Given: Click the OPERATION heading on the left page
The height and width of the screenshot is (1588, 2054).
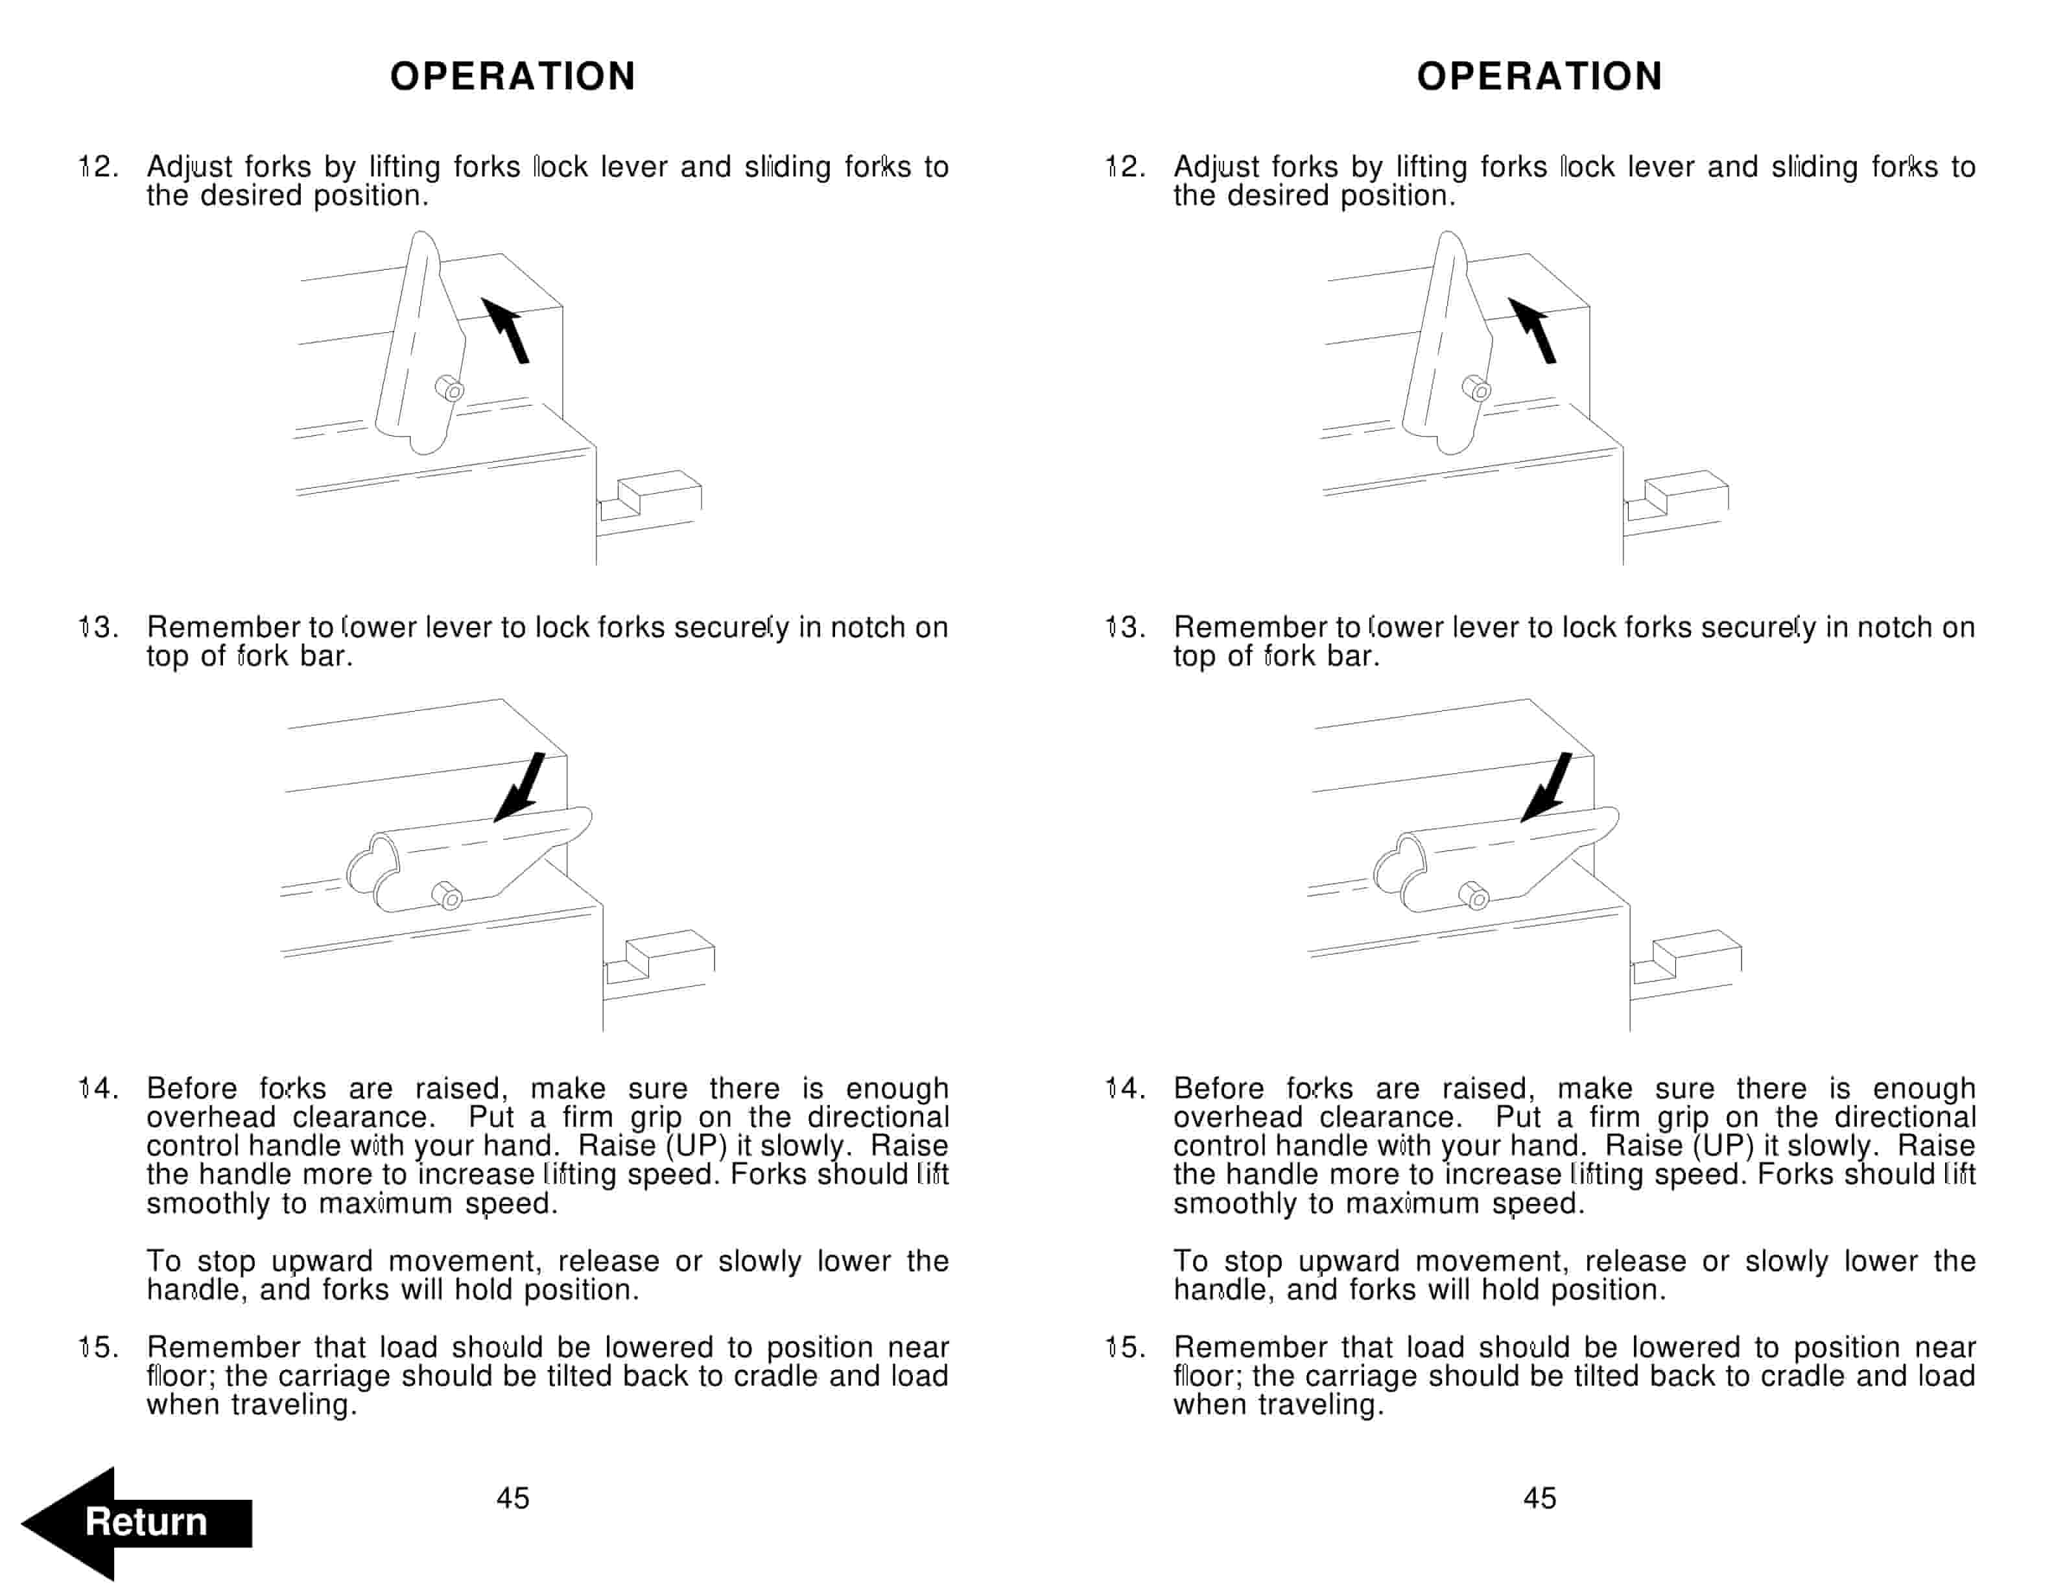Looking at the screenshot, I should pos(513,76).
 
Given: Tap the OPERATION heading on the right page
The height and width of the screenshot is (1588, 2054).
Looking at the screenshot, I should pos(1540,76).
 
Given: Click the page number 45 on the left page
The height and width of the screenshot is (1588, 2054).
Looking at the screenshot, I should pos(513,1498).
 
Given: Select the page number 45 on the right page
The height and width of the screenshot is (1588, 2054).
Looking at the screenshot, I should pos(1540,1498).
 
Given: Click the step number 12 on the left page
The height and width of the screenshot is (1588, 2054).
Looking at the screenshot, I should pos(98,167).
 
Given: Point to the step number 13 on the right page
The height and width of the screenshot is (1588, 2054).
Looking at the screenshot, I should pos(1125,627).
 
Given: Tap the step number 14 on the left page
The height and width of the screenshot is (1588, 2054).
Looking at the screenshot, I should pos(98,1089).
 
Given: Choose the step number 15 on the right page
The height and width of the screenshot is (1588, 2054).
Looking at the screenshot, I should pos(1125,1347).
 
